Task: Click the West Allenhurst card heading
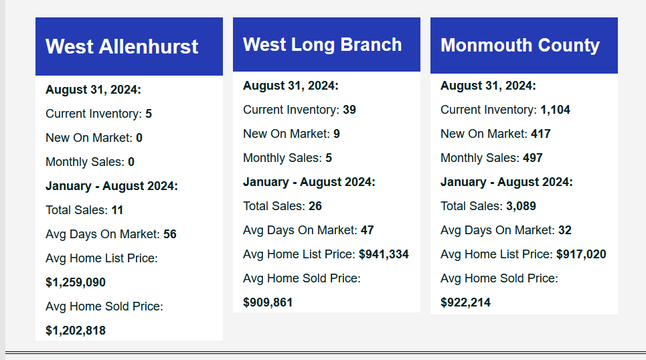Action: click(122, 47)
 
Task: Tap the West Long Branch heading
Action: click(322, 45)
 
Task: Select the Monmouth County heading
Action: click(520, 46)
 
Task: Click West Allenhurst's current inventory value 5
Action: click(149, 114)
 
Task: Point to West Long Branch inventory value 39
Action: click(349, 110)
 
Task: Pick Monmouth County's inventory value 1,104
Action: click(556, 110)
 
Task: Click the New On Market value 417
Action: click(541, 134)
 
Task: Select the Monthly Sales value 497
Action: click(533, 158)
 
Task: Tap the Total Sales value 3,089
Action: click(521, 206)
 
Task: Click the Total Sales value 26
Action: click(315, 206)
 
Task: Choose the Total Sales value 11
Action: click(117, 210)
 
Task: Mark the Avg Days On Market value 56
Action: click(170, 234)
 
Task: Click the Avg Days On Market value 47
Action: click(367, 230)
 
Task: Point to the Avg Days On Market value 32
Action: click(565, 230)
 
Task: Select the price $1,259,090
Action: click(76, 282)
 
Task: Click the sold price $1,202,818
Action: click(76, 331)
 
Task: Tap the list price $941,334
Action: click(384, 254)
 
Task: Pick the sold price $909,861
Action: click(268, 302)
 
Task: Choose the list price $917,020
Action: click(581, 254)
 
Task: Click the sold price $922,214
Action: click(465, 302)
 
